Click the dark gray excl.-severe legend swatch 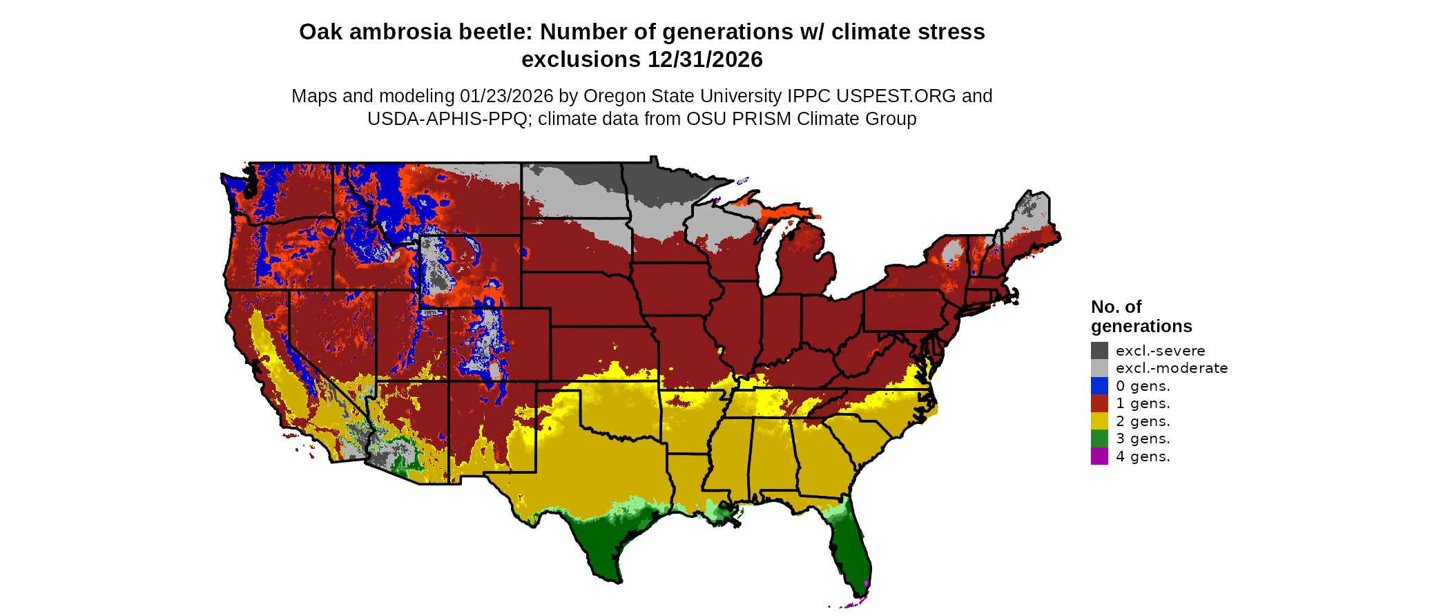(x=1099, y=350)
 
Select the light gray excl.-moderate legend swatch (x=1099, y=368)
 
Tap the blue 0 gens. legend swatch (x=1099, y=385)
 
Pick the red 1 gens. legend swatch (x=1099, y=403)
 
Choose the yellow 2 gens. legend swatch (x=1099, y=421)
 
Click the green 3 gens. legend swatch (x=1099, y=439)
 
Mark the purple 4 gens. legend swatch (x=1099, y=456)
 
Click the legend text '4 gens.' (x=1143, y=456)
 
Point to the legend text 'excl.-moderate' (x=1172, y=368)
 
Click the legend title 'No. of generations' (x=1141, y=316)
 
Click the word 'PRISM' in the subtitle (x=762, y=119)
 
